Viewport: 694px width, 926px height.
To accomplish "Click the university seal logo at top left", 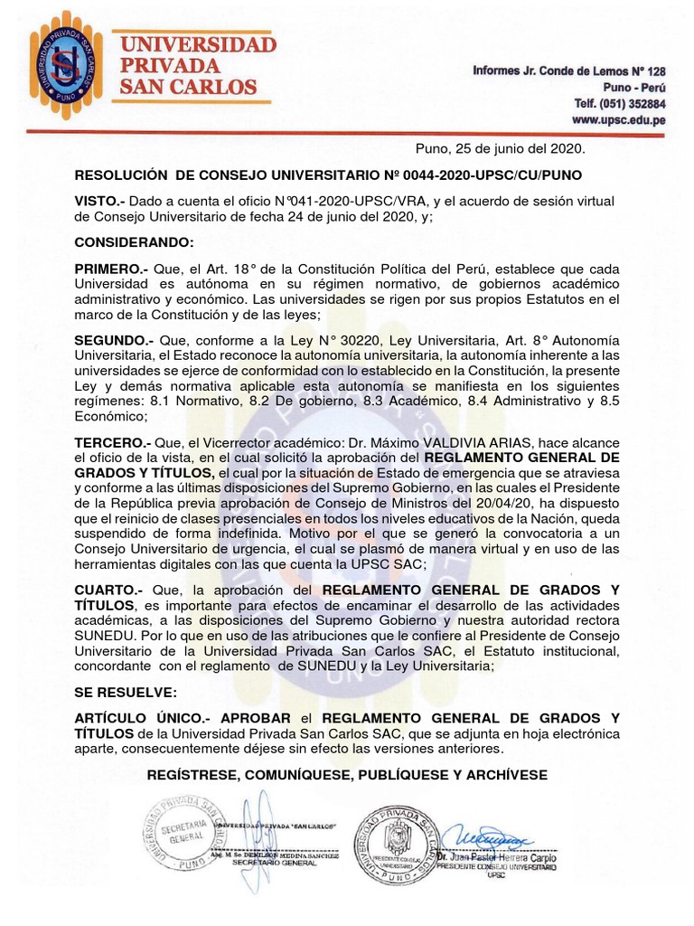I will coord(66,61).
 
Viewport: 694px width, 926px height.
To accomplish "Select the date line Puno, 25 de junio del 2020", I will coord(500,148).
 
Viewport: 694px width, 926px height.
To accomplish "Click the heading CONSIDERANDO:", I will coord(134,243).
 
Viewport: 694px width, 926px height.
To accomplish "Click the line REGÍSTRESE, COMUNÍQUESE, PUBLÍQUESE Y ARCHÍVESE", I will coord(347,776).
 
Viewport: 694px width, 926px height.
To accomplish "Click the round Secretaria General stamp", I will coord(183,834).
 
